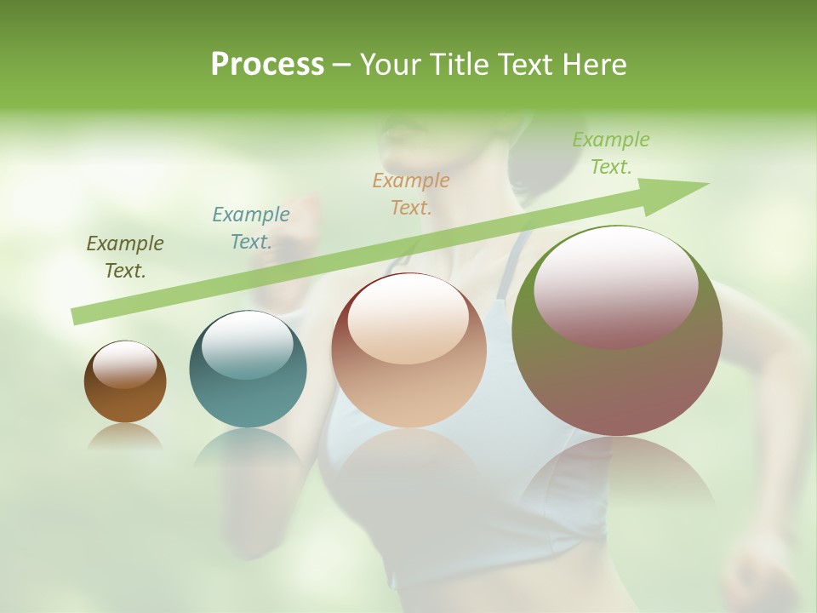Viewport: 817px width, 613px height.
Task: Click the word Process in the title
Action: click(x=267, y=65)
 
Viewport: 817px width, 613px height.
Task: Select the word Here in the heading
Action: click(x=594, y=65)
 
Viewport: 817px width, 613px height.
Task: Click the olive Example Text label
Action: click(x=125, y=257)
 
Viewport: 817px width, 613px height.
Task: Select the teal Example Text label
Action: click(x=251, y=228)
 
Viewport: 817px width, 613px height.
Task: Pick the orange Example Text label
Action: click(x=411, y=193)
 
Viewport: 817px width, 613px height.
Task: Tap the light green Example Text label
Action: click(x=611, y=153)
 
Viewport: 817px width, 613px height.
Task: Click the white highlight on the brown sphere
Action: click(x=125, y=364)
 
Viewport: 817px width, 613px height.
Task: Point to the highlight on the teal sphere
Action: click(x=248, y=344)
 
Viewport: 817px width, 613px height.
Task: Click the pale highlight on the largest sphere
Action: click(x=616, y=286)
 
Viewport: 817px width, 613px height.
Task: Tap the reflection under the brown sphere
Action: click(x=125, y=436)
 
